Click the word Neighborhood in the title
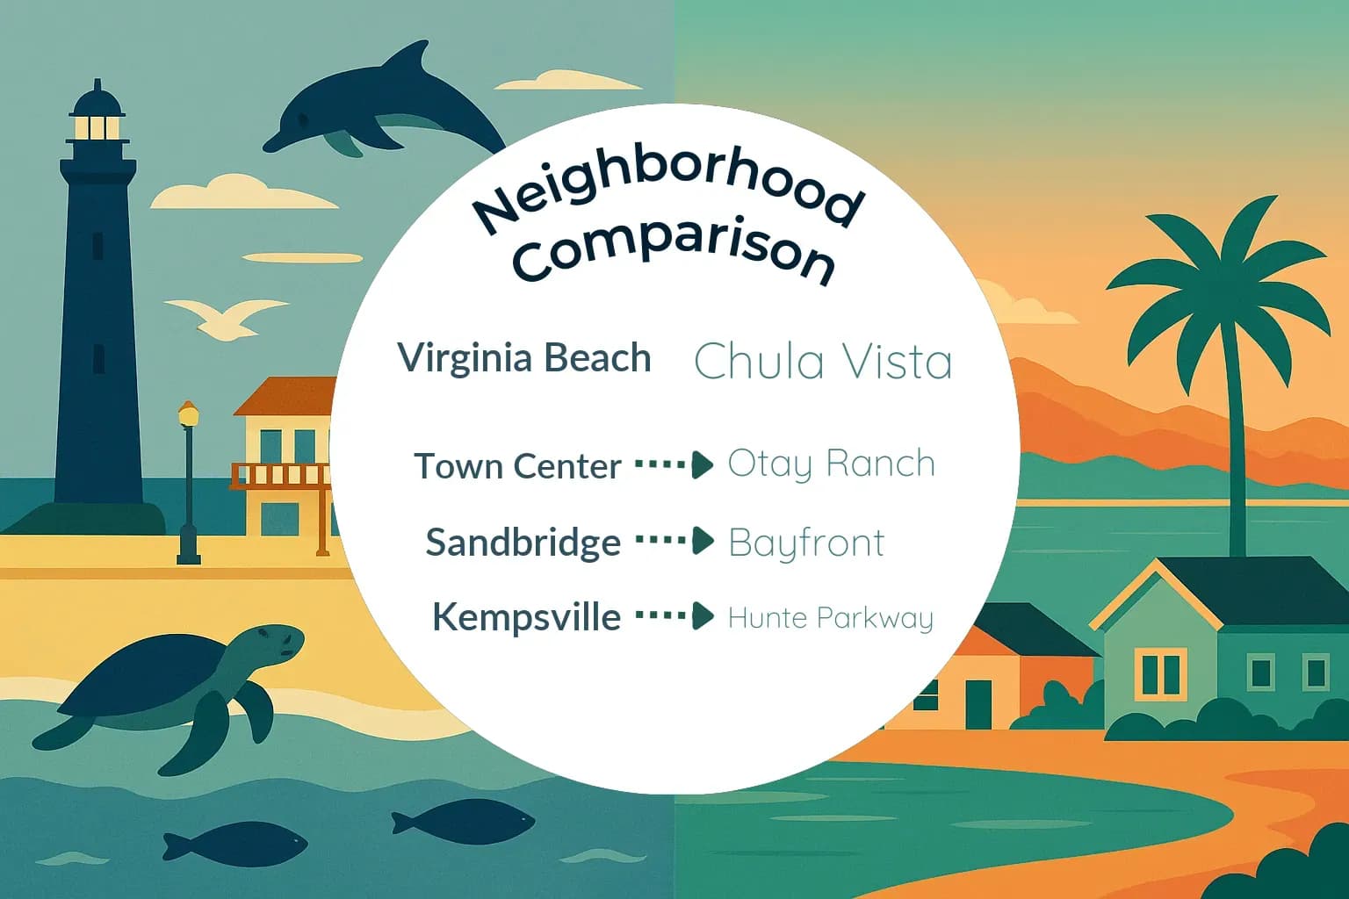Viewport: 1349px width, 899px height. point(667,193)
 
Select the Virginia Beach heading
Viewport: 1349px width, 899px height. point(524,358)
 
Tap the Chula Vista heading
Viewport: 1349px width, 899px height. point(823,361)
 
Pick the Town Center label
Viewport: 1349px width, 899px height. point(518,466)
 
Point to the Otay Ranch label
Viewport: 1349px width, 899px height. point(831,464)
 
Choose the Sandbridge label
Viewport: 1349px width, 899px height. point(523,543)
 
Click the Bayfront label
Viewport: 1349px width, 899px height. point(806,543)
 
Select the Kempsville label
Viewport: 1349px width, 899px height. point(526,617)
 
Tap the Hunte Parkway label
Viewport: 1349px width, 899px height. point(830,618)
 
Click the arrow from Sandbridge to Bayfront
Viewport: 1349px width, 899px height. point(674,541)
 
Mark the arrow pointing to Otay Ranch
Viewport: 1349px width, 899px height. point(674,464)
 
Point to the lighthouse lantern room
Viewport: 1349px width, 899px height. point(97,126)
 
